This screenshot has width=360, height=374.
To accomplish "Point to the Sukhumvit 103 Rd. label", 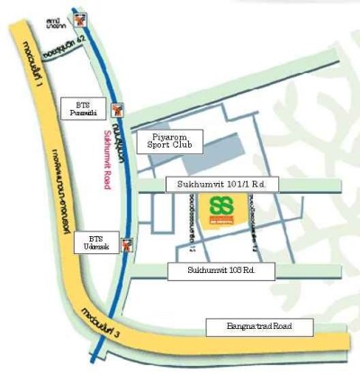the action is point(221,270).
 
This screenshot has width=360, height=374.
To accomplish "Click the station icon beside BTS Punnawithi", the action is point(116,109).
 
